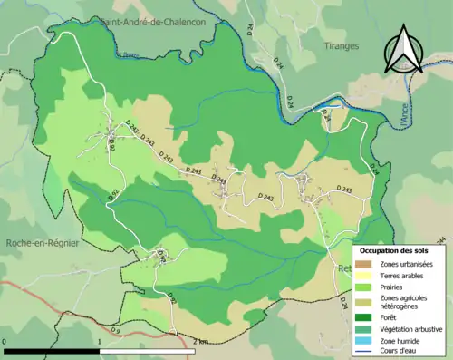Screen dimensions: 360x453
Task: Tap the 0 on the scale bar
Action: click(x=5, y=342)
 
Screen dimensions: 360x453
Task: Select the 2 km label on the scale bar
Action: click(x=200, y=342)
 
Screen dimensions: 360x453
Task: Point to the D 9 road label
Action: click(x=115, y=330)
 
